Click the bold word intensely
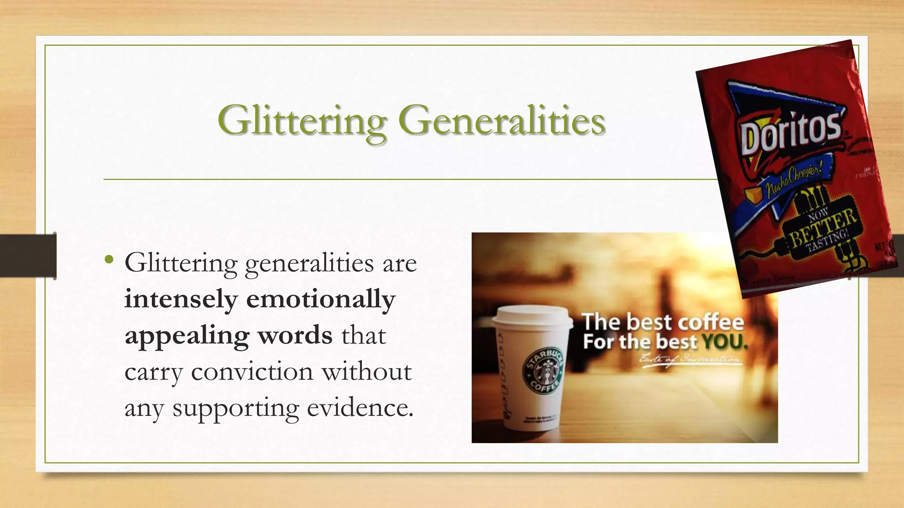point(181,300)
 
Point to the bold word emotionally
point(320,300)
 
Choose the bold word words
point(295,336)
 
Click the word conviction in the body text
point(252,372)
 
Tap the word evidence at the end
point(360,408)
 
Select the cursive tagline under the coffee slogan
point(691,359)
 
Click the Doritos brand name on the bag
point(791,132)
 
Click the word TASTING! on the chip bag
point(827,241)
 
